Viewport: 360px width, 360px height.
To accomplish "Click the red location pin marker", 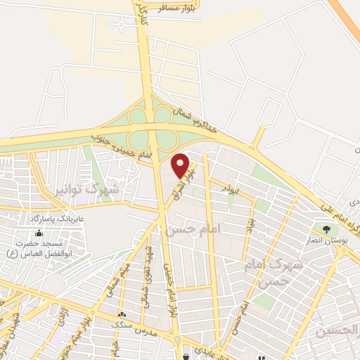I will coord(181,165).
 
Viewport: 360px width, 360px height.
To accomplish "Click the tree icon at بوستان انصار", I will coord(326,229).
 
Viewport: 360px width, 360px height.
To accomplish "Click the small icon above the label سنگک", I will coord(123,314).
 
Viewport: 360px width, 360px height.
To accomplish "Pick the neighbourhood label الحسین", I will coord(337,330).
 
